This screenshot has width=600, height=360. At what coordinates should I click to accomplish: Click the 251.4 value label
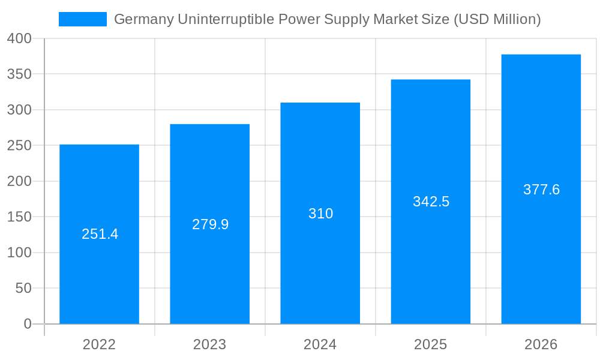100,234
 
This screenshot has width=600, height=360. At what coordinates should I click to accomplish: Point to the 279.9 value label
210,224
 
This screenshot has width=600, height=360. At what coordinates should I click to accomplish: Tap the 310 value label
320,214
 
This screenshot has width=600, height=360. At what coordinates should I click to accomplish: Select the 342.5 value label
431,202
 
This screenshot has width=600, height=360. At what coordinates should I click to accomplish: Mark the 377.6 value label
541,190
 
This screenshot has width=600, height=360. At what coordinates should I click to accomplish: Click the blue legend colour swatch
82,19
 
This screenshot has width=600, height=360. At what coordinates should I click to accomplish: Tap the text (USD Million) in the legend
497,19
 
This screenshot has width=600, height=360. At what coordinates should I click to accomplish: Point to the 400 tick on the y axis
19,39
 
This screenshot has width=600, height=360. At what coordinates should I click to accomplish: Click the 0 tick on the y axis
28,324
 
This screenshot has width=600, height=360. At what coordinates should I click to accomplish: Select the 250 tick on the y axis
19,146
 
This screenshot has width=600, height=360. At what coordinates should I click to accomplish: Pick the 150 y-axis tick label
19,217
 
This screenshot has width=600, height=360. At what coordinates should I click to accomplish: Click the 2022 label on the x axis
99,344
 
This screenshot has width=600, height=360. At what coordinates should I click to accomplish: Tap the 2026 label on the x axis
541,344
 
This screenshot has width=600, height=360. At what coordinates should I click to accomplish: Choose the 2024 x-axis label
320,344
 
